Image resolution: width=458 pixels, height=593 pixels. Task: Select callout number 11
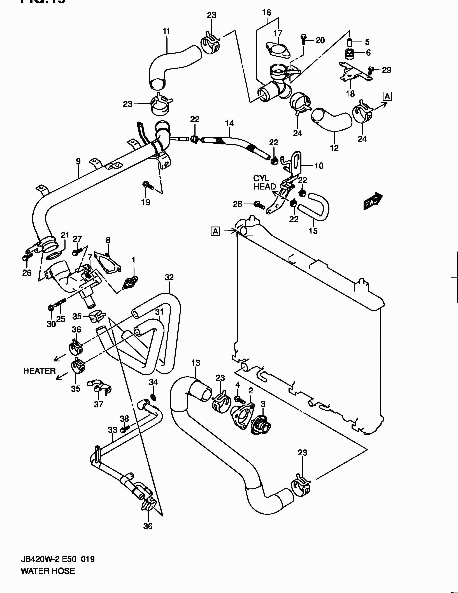(166, 31)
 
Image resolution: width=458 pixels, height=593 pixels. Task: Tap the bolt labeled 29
(370, 70)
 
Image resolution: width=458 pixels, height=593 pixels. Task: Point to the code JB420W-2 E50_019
(57, 559)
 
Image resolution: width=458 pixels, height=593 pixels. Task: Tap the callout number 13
(196, 363)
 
